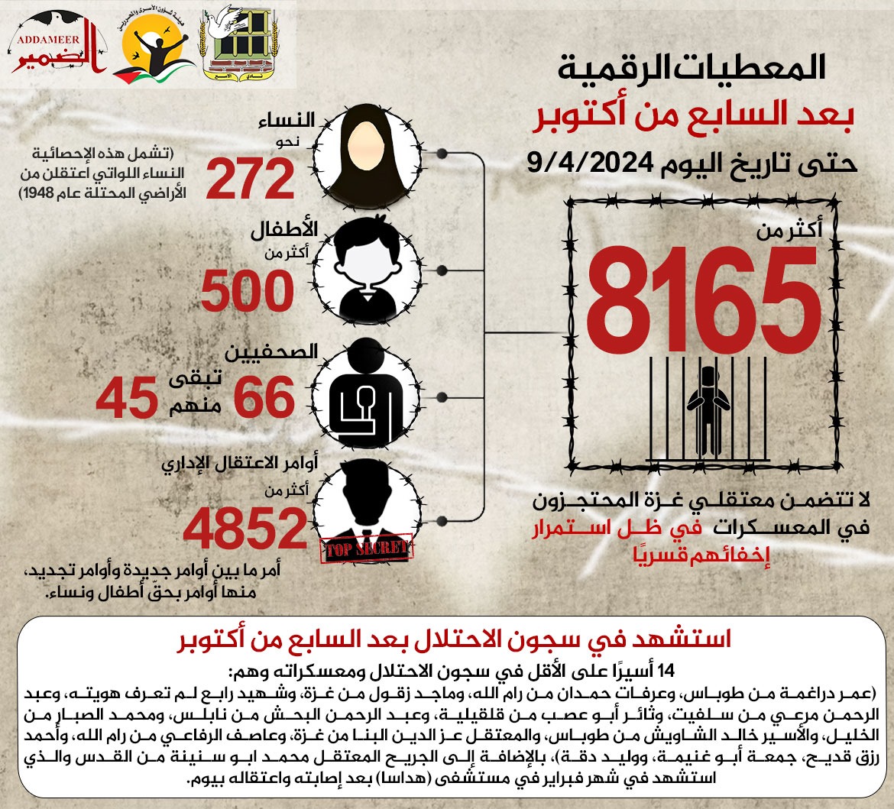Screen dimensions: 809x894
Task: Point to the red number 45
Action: (x=125, y=398)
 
